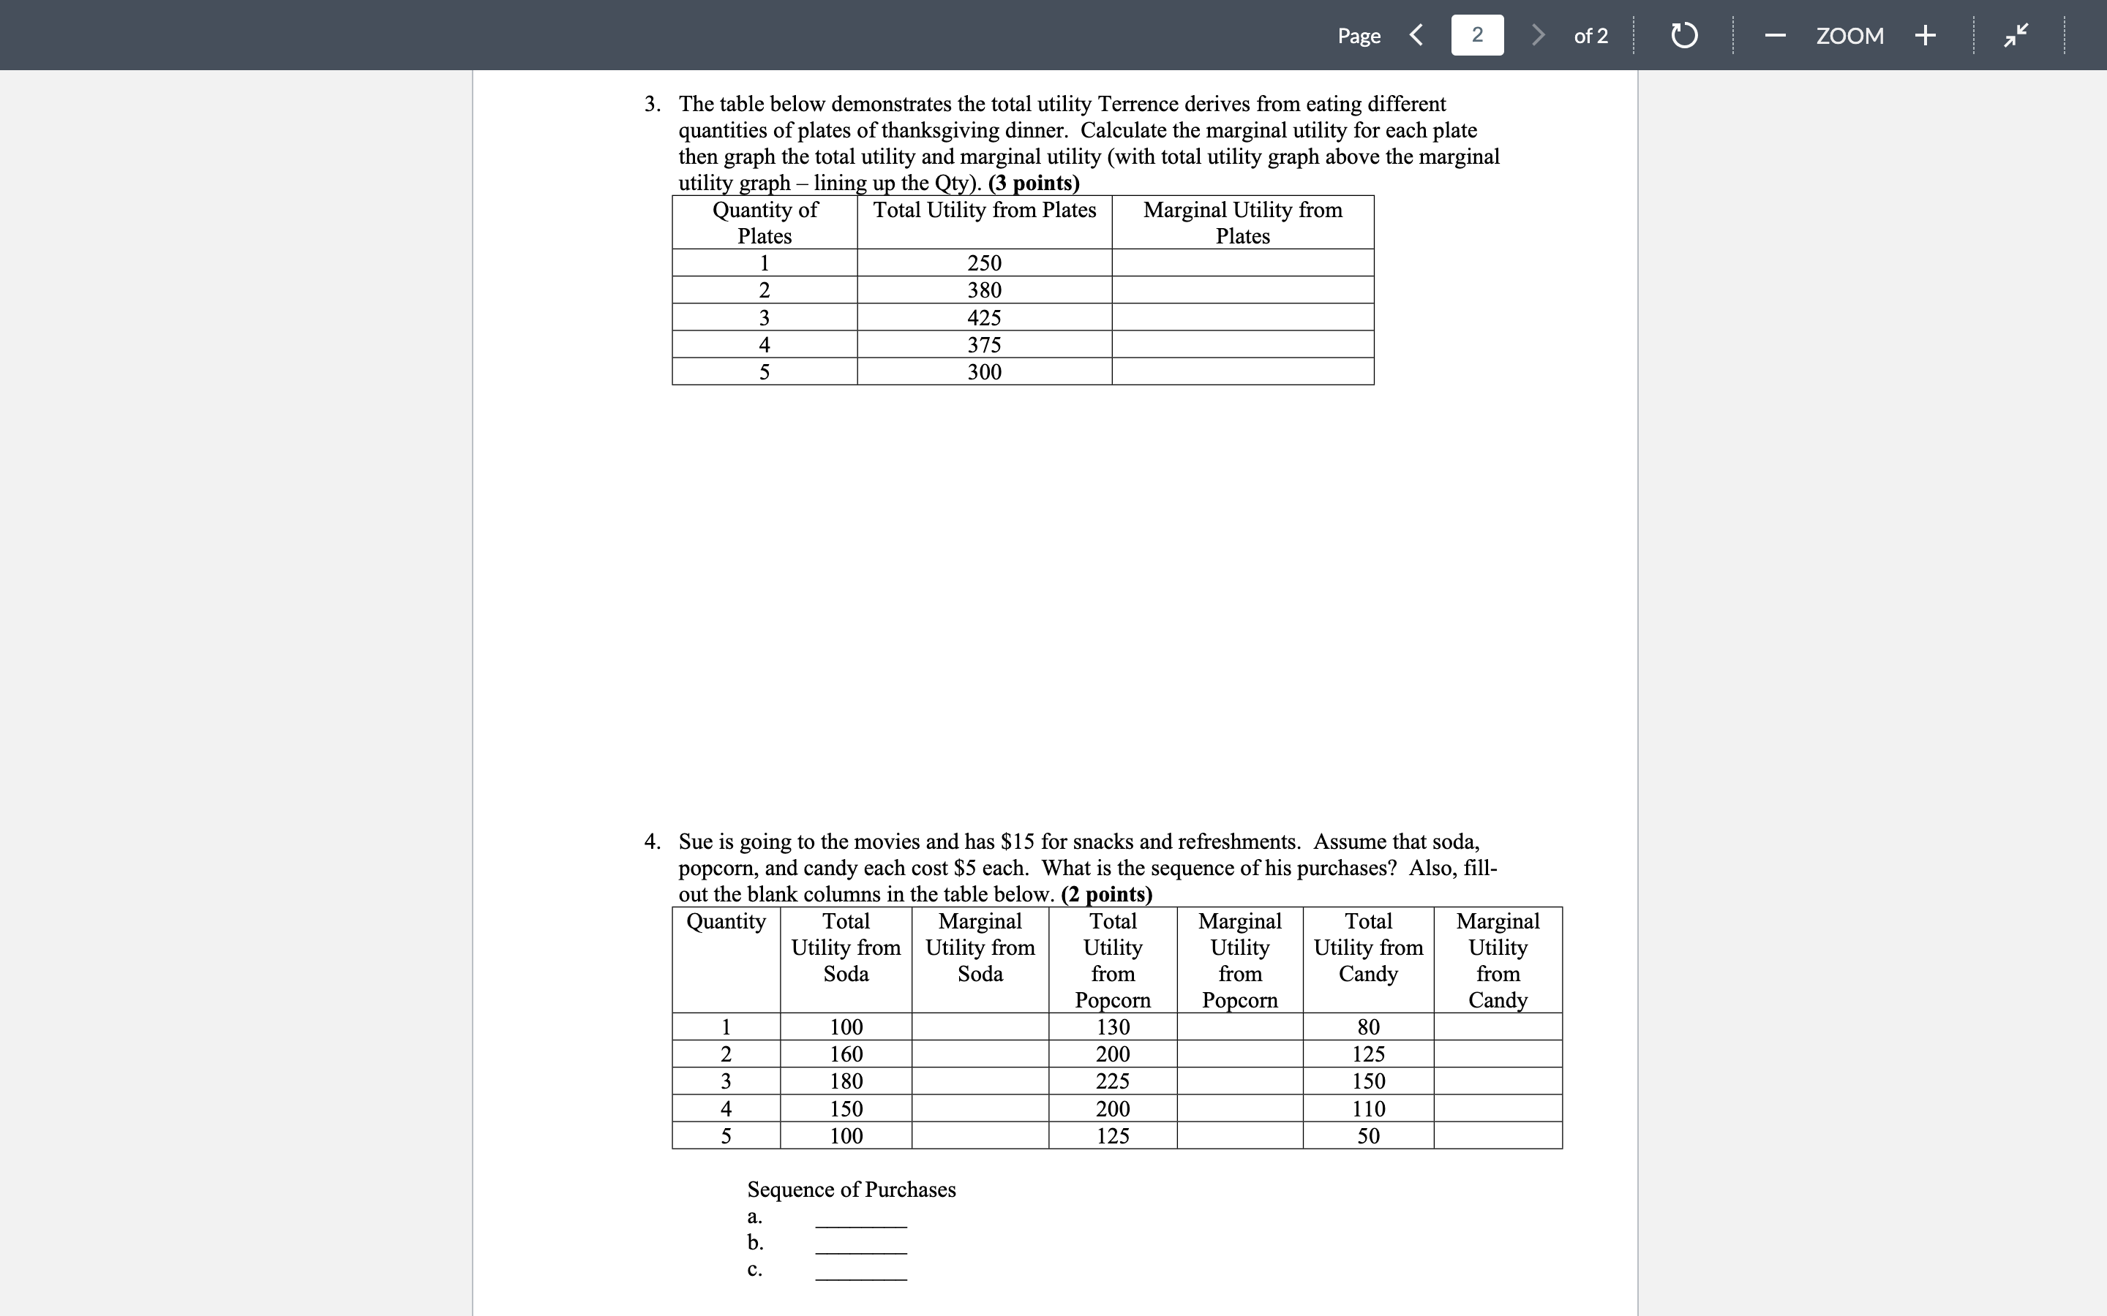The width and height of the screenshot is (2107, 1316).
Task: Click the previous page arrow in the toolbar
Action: pos(1416,36)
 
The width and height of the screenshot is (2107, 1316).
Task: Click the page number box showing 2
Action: pos(1476,36)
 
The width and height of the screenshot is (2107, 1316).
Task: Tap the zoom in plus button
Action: pos(1925,36)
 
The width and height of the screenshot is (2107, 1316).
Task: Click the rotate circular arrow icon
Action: pos(1684,36)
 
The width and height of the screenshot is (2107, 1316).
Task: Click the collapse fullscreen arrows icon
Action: pos(2015,36)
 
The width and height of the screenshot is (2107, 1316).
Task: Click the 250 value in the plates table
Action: pos(984,263)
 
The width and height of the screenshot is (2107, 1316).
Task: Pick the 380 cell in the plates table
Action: pos(984,290)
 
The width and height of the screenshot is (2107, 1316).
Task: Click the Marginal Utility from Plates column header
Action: pos(1242,223)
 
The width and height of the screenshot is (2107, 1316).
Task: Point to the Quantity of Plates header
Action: pos(765,223)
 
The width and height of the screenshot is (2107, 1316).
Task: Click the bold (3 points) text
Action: pos(1034,184)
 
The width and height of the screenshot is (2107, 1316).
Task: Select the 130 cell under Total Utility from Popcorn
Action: pos(1113,1027)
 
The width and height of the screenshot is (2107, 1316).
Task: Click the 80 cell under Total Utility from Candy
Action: pos(1368,1027)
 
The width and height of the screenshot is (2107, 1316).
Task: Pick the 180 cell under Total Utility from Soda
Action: pos(846,1082)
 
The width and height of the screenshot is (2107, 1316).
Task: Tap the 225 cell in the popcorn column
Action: pos(1113,1082)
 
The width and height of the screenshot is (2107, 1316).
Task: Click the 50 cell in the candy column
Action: pos(1368,1136)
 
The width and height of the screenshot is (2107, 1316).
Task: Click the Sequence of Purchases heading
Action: pos(851,1190)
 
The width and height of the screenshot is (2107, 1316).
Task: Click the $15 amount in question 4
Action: pos(1017,842)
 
